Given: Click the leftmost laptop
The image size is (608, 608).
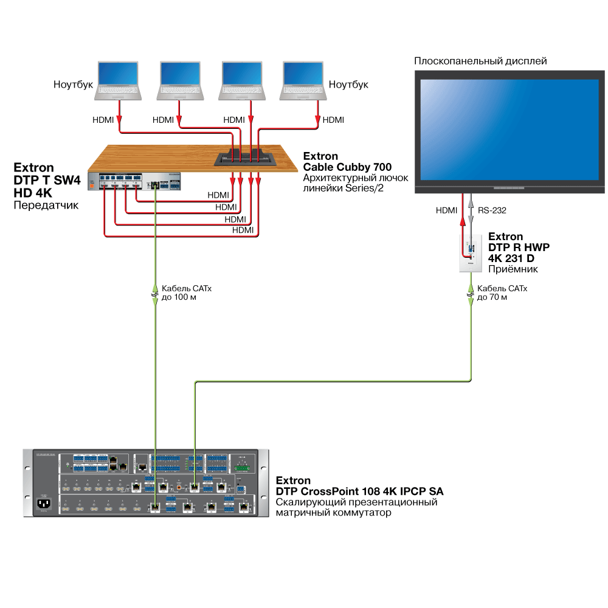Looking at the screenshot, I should coord(119,80).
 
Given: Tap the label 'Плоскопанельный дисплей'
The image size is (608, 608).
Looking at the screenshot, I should coord(480,61).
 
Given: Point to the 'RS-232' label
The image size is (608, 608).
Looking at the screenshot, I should coord(492,210).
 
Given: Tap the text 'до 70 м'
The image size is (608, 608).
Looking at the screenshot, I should coord(492,298).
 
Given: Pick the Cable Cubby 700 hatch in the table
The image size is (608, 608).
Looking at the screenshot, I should coord(246,158).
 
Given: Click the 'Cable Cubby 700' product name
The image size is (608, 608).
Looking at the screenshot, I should coord(347,167).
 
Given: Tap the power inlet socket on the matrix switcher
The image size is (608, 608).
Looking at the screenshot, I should coord(44,503).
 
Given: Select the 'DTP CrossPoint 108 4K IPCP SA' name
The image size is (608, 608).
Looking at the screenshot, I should coord(360,491).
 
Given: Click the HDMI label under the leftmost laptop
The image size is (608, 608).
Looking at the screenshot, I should coord(103,120).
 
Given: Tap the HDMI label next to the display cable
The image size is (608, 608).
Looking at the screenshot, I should coord(446,210).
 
